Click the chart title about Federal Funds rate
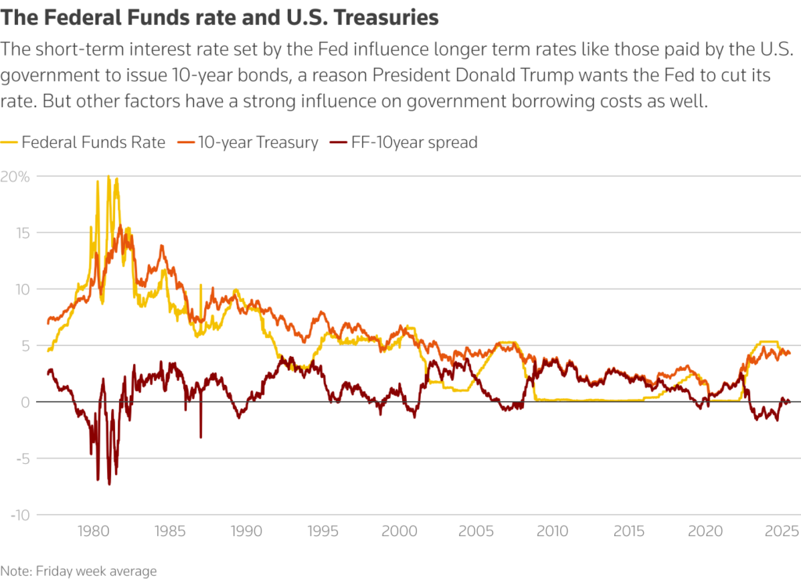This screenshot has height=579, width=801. pyautogui.click(x=219, y=16)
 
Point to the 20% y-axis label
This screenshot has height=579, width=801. pyautogui.click(x=15, y=177)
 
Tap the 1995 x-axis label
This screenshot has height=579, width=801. pyautogui.click(x=323, y=532)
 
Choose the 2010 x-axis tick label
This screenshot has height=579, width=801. pyautogui.click(x=553, y=532)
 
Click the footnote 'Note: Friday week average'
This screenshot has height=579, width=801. pyautogui.click(x=78, y=571)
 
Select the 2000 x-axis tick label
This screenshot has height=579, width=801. pyautogui.click(x=400, y=532)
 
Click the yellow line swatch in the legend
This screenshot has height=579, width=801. pyautogui.click(x=9, y=143)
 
